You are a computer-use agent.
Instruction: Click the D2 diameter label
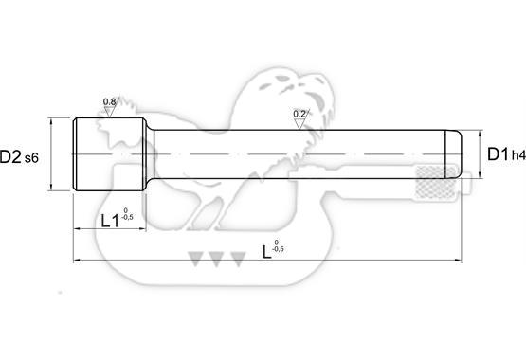click(x=10, y=157)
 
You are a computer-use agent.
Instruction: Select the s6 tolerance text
click(x=31, y=158)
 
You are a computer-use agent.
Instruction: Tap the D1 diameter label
click(x=498, y=154)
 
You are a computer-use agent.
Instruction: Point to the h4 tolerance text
click(x=518, y=155)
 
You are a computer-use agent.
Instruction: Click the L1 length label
click(x=110, y=221)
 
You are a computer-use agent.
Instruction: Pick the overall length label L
click(x=266, y=252)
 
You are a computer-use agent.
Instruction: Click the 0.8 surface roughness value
click(x=109, y=101)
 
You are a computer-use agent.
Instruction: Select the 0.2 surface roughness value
click(x=299, y=114)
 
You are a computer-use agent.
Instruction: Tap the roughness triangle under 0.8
click(x=109, y=112)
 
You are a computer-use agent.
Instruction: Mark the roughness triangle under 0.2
click(x=299, y=124)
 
